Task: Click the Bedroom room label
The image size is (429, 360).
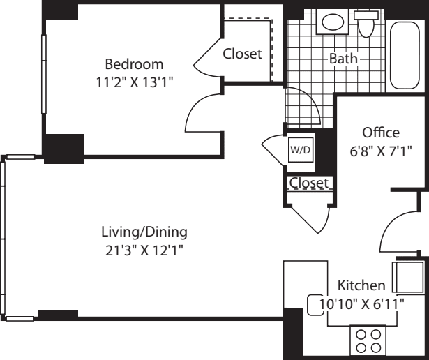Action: pos(135,64)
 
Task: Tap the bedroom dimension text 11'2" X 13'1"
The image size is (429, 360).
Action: pos(135,82)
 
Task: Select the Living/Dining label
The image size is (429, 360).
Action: pos(144,232)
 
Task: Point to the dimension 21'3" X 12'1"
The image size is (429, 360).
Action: pos(144,250)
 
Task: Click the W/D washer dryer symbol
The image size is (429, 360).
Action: pos(301,150)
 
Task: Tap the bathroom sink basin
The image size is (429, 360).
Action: pos(333,22)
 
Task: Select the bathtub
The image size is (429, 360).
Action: pos(405,55)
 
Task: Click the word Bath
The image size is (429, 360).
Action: pos(343,59)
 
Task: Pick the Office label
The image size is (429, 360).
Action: pos(381,133)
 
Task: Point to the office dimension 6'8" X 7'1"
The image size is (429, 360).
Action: pos(381,151)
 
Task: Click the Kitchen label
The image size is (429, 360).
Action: pos(361,285)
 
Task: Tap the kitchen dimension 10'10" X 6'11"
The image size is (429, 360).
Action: pos(362,303)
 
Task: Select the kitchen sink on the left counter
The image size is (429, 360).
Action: pos(315,305)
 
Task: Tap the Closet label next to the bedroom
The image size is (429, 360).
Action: pos(242,54)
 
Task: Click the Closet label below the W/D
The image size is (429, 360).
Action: pos(309,183)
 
